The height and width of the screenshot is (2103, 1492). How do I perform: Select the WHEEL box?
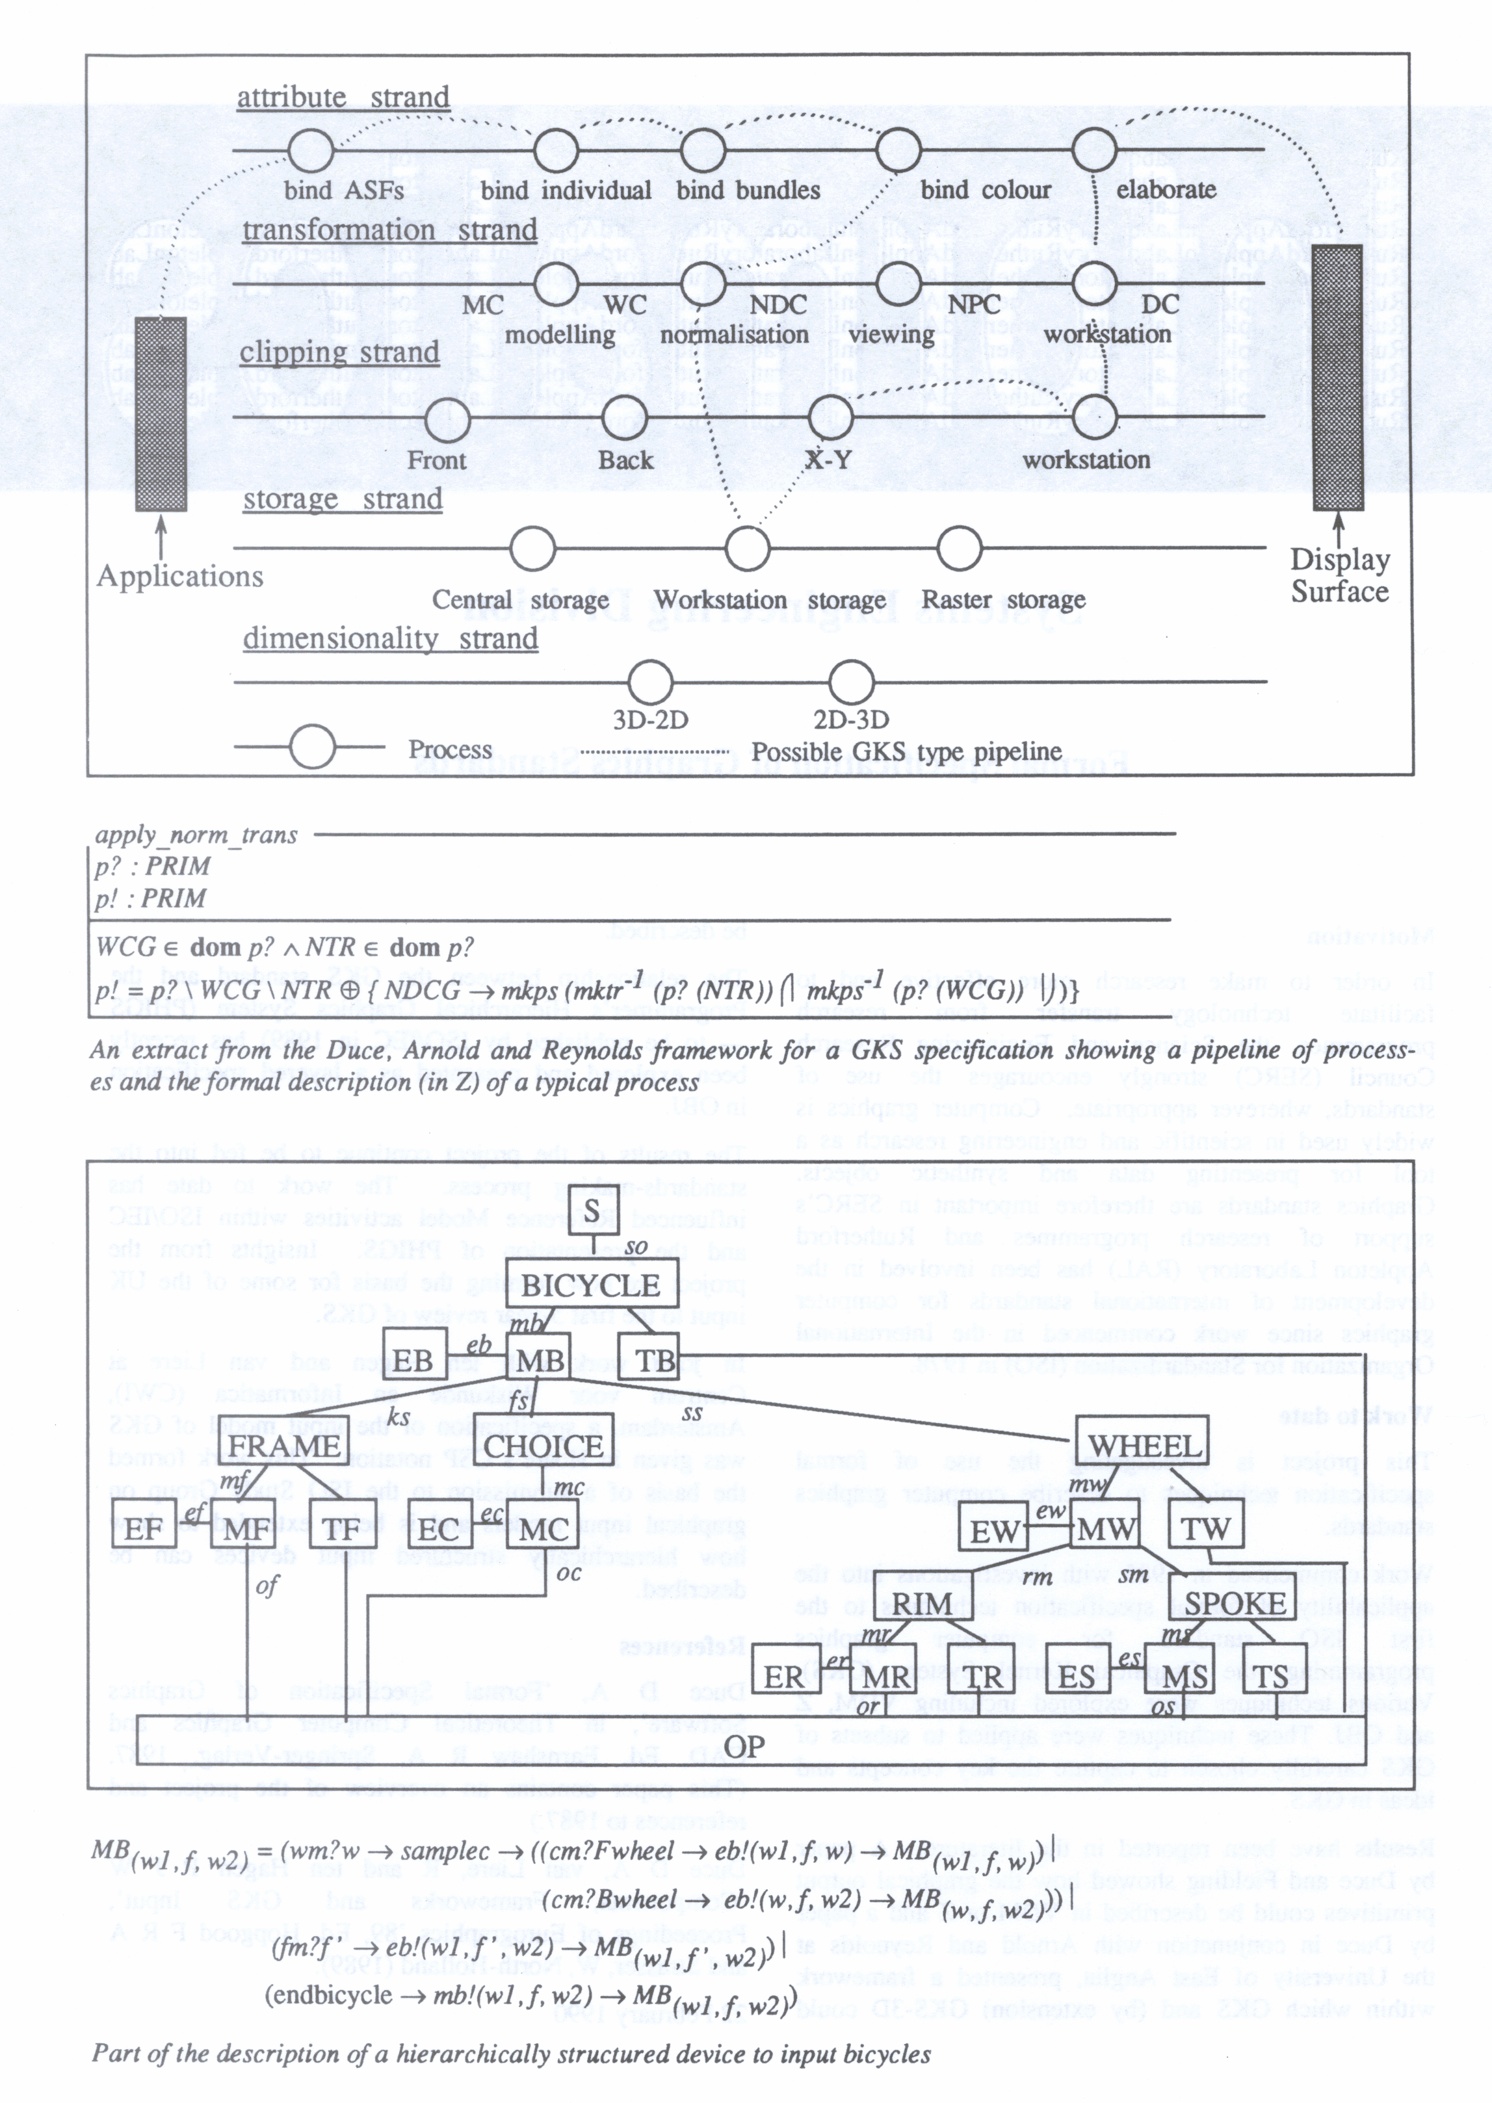coord(1143,1445)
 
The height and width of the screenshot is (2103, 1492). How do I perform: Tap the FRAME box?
coord(284,1445)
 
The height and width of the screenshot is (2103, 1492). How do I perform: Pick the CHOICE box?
coord(544,1445)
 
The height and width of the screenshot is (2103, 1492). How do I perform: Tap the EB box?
coord(413,1360)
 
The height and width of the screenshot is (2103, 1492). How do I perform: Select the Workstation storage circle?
coord(747,549)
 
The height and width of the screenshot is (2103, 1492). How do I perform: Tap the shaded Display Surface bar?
coord(1338,378)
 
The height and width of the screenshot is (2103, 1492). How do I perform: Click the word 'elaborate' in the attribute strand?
coord(1166,189)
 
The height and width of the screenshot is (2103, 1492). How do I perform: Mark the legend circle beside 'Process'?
coord(311,746)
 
